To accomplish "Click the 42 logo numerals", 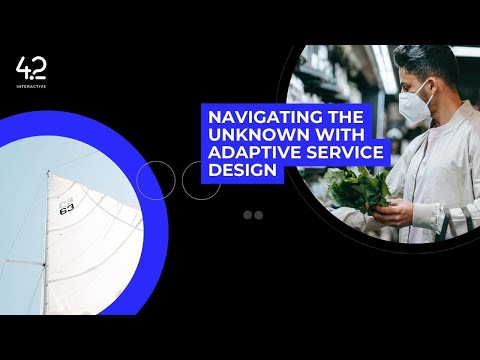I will tap(31, 69).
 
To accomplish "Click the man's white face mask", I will tap(414, 100).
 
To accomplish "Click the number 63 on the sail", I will tap(67, 209).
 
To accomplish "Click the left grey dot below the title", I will tap(248, 215).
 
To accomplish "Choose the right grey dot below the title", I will tap(258, 215).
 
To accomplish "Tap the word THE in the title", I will tap(337, 115).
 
